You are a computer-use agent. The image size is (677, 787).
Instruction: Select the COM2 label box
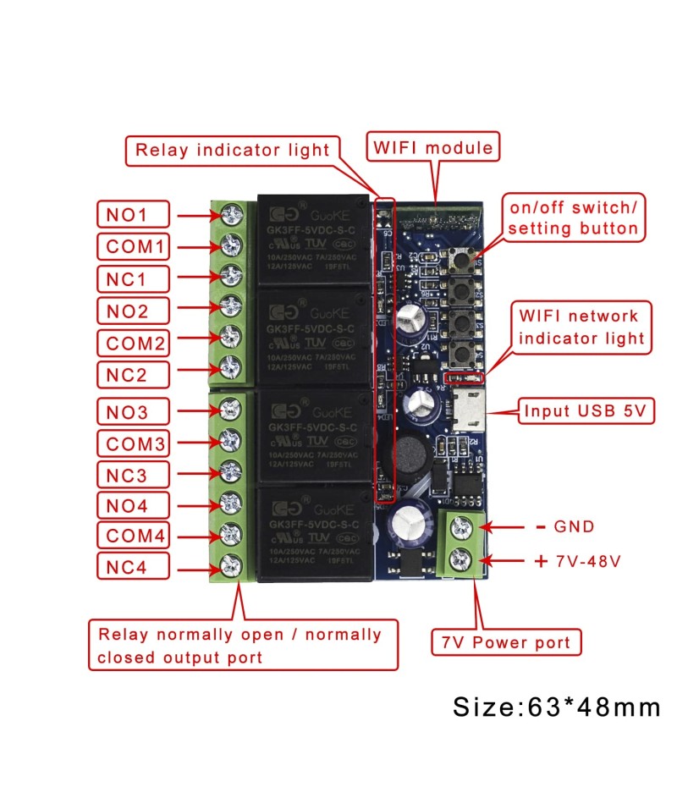coord(134,343)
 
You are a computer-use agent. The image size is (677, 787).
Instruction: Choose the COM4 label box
coord(134,536)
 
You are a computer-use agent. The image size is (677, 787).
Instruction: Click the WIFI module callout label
coord(433,147)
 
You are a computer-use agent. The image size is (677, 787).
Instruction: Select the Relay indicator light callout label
coord(233,151)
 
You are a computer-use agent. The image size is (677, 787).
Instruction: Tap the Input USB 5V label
coord(586,412)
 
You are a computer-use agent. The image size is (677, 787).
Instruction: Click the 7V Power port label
coord(506,642)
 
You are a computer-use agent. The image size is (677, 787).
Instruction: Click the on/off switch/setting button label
coord(571,218)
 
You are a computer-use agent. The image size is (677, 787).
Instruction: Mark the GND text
coord(573,526)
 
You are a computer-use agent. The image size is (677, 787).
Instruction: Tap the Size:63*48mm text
coord(556,707)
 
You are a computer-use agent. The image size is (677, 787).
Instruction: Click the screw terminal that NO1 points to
coord(228,215)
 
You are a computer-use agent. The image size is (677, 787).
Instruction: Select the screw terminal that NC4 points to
coord(228,564)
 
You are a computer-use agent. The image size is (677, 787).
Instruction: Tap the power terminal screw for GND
coord(462,526)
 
